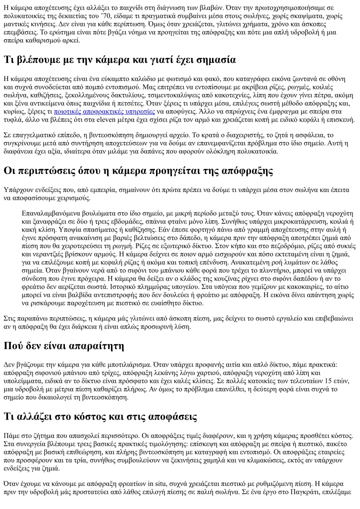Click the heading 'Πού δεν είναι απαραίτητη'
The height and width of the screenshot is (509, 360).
64,346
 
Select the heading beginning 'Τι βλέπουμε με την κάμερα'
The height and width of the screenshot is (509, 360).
119,60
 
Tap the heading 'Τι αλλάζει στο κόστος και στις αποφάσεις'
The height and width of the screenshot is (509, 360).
100,417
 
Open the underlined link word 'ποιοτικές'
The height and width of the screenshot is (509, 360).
67,111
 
